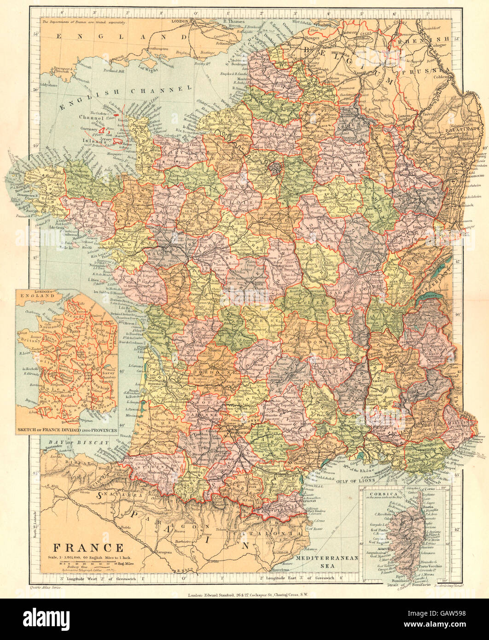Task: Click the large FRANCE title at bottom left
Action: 87,548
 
